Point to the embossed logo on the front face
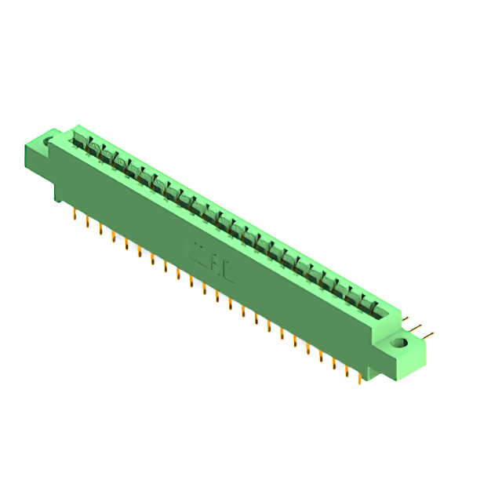pos(212,263)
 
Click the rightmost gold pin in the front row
pos(358,378)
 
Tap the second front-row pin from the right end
pos(346,371)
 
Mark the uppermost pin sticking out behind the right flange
pos(409,320)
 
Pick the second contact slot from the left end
pos(93,148)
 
